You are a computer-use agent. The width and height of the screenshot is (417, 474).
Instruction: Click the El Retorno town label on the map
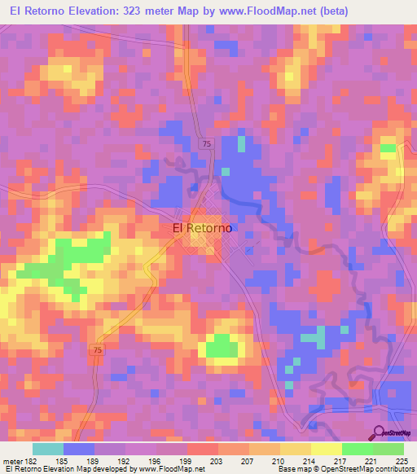pyautogui.click(x=202, y=229)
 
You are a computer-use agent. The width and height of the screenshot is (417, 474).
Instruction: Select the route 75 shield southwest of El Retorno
pyautogui.click(x=98, y=349)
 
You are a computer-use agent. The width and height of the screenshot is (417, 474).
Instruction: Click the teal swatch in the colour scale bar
pyautogui.click(x=48, y=449)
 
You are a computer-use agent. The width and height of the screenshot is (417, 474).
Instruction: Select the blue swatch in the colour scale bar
pyautogui.click(x=79, y=449)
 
